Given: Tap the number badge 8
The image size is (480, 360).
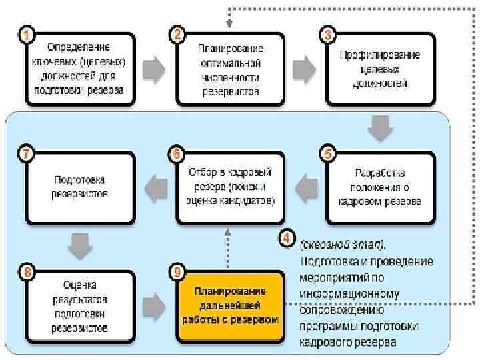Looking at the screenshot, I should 25,271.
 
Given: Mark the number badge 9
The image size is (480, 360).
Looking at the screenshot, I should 177,271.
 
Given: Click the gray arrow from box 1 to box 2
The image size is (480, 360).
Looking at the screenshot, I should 154,69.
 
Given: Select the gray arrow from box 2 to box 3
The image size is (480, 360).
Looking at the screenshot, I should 305,69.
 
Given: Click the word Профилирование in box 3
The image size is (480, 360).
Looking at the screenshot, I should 381,55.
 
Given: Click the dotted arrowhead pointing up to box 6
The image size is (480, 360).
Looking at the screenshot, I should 228,233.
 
